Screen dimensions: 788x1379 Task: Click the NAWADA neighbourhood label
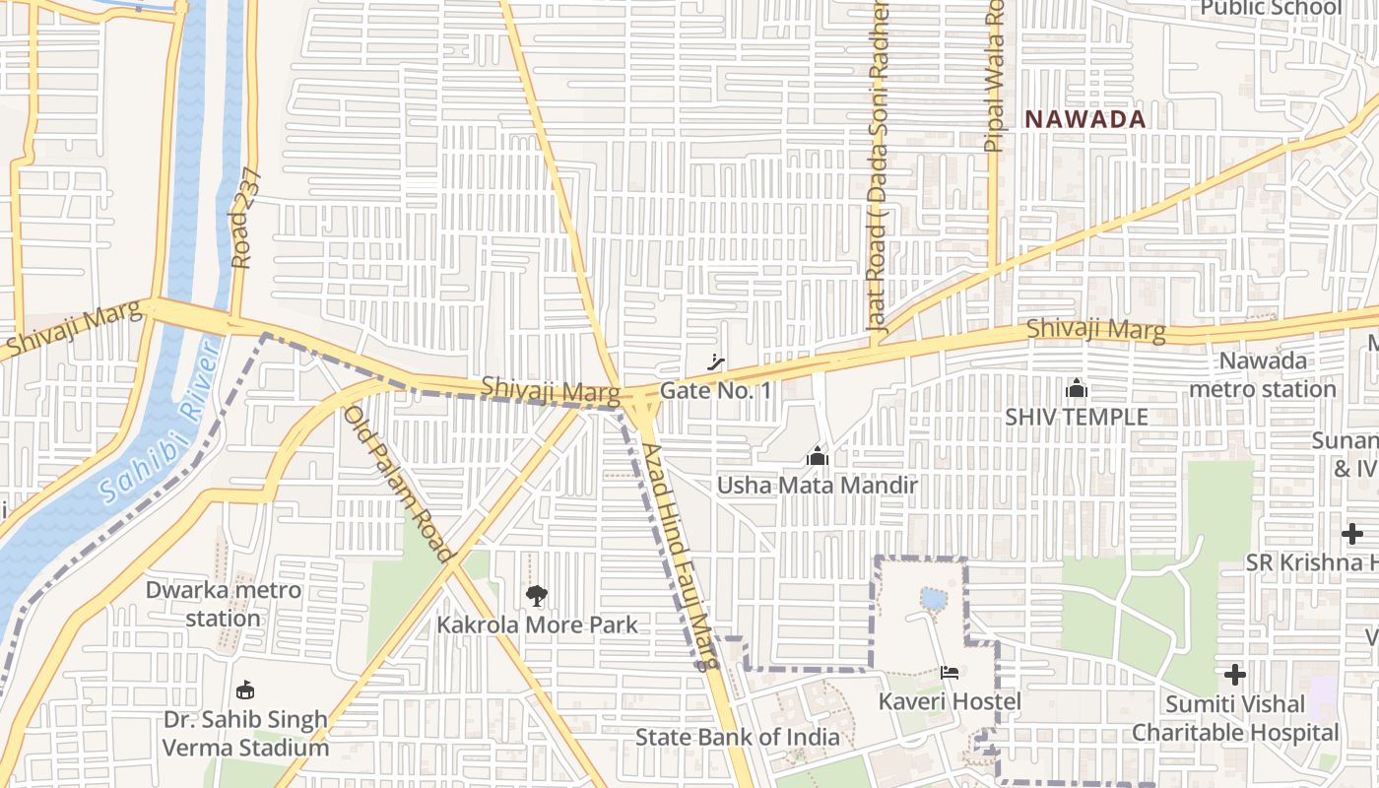click(1085, 119)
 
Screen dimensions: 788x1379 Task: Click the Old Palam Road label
click(398, 484)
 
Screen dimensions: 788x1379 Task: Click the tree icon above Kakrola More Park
click(537, 595)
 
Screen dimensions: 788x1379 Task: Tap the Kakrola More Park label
click(537, 624)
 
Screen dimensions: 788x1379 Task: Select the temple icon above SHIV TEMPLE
click(1076, 388)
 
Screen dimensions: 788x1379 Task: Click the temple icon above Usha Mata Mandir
click(817, 457)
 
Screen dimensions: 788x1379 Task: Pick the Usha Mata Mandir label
click(817, 486)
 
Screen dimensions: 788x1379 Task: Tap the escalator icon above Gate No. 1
click(716, 362)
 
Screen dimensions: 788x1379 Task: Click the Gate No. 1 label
click(716, 391)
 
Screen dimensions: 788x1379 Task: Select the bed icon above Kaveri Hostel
click(950, 673)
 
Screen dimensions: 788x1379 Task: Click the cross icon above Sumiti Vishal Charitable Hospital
click(1235, 675)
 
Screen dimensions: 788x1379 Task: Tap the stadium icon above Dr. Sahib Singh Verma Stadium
click(245, 689)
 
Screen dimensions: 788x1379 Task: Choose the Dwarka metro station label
click(224, 604)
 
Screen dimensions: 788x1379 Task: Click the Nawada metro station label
click(1263, 375)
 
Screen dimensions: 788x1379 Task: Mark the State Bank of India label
click(737, 737)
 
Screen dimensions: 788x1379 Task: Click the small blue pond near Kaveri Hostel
click(932, 598)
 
